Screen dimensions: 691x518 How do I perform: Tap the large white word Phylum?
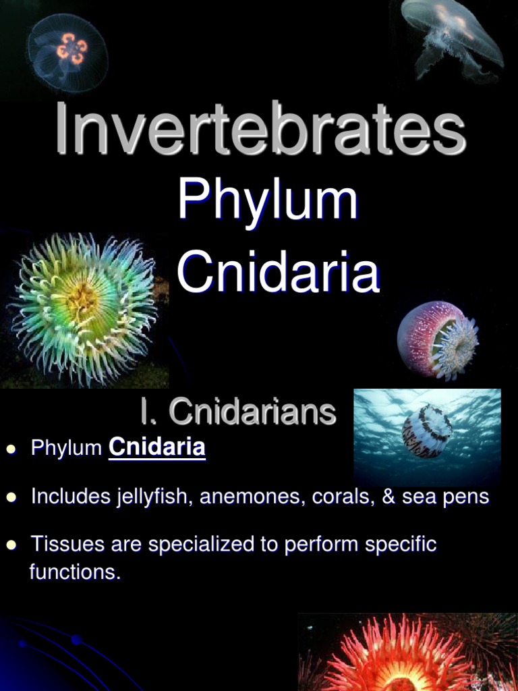tap(268, 200)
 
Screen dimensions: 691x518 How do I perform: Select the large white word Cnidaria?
tap(278, 272)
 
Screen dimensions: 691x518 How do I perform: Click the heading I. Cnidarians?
tap(238, 411)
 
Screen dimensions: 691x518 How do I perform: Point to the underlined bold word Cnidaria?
tap(156, 447)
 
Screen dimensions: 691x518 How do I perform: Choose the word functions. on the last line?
tap(76, 572)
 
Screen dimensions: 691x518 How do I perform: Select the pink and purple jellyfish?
tap(438, 339)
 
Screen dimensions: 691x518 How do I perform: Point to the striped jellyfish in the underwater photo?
tap(427, 431)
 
